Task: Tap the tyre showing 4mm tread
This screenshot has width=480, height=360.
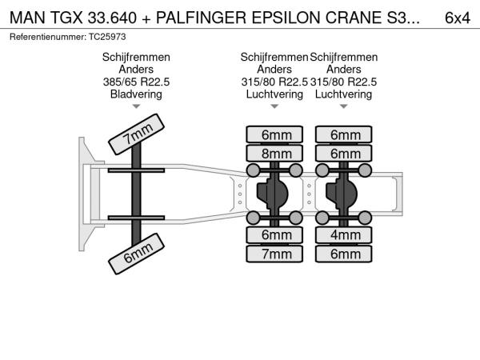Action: click(346, 235)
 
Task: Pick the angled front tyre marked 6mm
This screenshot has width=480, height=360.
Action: click(136, 254)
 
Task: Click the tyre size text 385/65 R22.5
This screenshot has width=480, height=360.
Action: click(136, 82)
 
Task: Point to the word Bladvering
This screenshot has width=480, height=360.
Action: click(136, 94)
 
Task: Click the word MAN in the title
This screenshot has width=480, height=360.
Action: click(27, 18)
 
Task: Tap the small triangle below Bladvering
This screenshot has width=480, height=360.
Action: click(136, 106)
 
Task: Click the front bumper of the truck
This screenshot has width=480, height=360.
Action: click(83, 194)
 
